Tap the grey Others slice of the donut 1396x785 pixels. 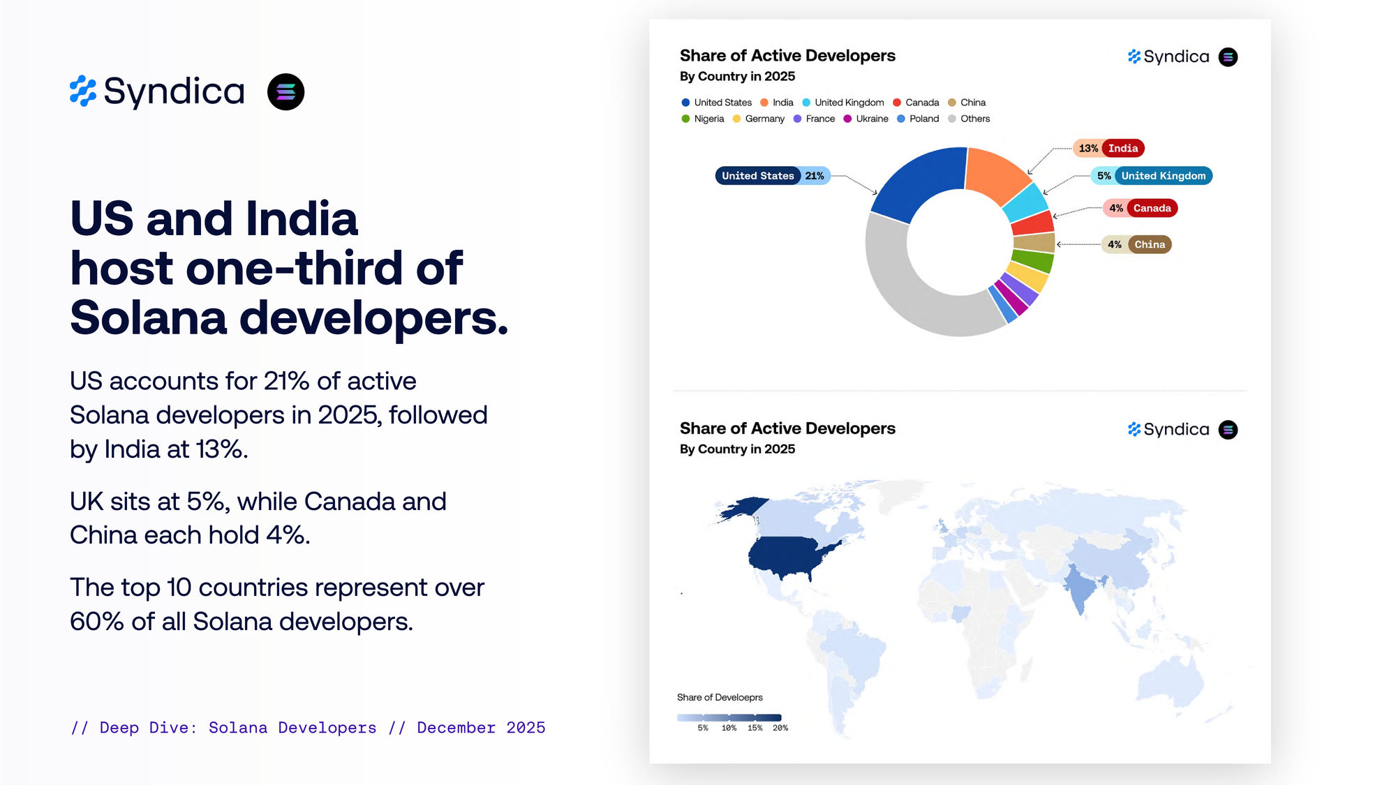[x=907, y=293]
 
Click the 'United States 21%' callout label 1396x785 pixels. [x=772, y=176]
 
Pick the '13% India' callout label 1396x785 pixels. [x=1108, y=148]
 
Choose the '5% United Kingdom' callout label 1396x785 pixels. [x=1152, y=176]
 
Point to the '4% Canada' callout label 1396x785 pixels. [x=1141, y=208]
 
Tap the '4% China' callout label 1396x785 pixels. [x=1136, y=244]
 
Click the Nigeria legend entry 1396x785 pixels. [x=703, y=119]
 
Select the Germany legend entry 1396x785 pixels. [x=759, y=119]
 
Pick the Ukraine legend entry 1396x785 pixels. [x=866, y=119]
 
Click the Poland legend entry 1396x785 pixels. [x=918, y=119]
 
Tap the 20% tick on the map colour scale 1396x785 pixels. [x=780, y=728]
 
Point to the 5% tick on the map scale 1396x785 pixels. [x=703, y=728]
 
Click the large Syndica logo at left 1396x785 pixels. [x=157, y=91]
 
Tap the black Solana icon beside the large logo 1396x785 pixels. [x=285, y=92]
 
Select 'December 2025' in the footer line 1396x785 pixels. [x=481, y=728]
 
